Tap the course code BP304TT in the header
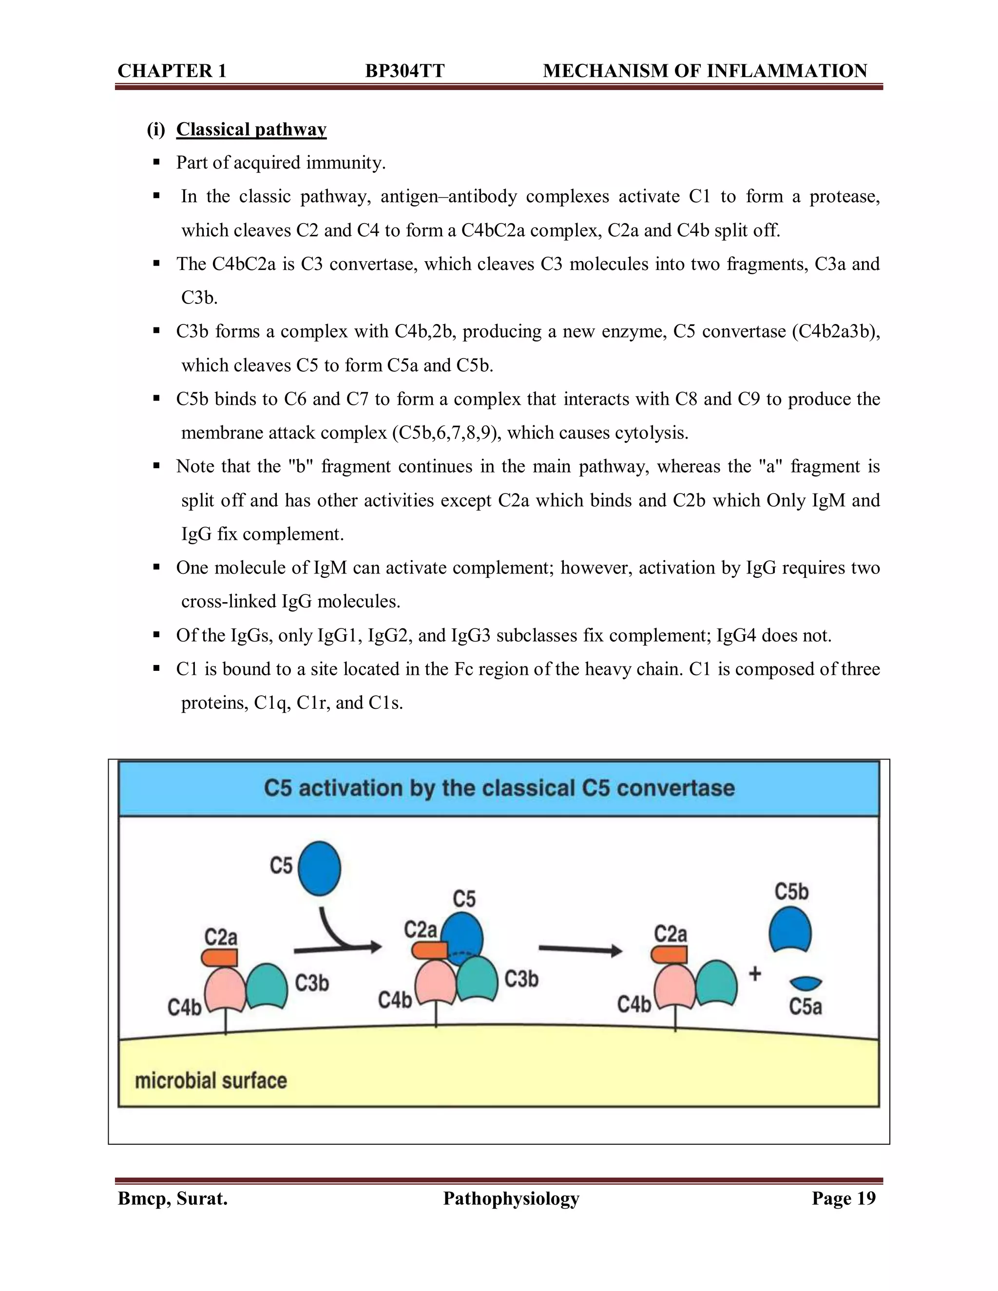pyautogui.click(x=404, y=71)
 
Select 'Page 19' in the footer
pyautogui.click(x=843, y=1198)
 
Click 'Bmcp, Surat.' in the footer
pyautogui.click(x=173, y=1198)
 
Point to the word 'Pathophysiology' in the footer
pyautogui.click(x=511, y=1198)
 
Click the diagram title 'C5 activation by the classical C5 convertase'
pyautogui.click(x=499, y=788)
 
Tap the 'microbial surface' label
pyautogui.click(x=211, y=1080)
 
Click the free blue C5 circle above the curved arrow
pyautogui.click(x=319, y=868)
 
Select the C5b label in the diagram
pyautogui.click(x=791, y=892)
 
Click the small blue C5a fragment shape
pyautogui.click(x=805, y=983)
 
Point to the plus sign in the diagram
pyautogui.click(x=755, y=973)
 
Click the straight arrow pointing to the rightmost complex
pyautogui.click(x=580, y=950)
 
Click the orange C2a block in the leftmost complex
pyautogui.click(x=220, y=957)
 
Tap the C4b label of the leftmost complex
pyautogui.click(x=185, y=1006)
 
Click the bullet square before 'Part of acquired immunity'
pyautogui.click(x=157, y=162)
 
